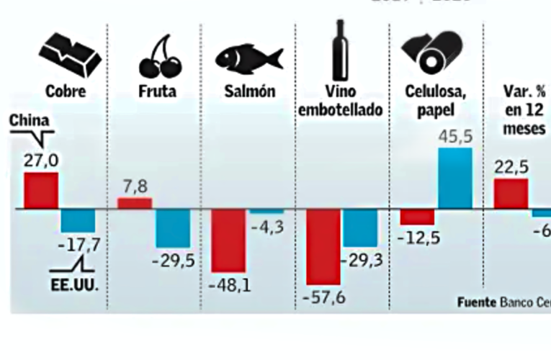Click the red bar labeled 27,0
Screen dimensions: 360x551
click(41, 190)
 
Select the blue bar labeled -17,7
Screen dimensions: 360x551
click(78, 220)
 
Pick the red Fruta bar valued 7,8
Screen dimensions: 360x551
click(135, 203)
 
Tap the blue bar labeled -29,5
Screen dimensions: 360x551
click(173, 228)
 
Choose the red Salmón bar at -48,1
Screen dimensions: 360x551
click(228, 240)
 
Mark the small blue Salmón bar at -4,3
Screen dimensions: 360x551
click(266, 212)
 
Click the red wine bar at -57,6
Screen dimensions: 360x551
click(323, 246)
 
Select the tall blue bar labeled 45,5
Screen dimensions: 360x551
click(455, 178)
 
